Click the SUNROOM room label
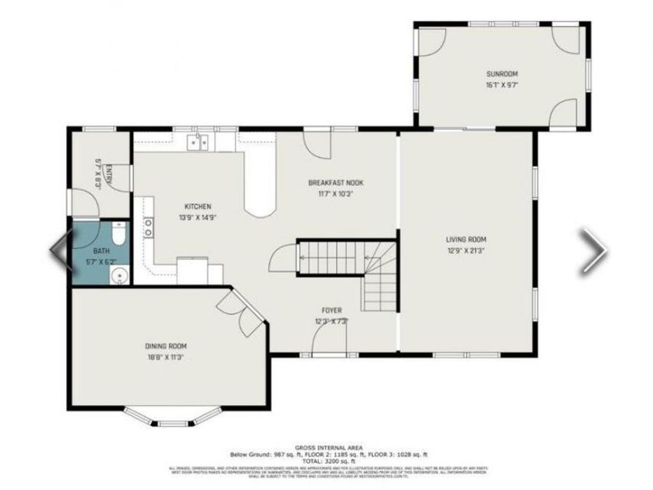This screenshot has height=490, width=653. tap(502, 74)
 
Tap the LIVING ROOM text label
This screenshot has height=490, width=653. tap(466, 240)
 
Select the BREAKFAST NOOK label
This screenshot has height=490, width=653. tap(335, 183)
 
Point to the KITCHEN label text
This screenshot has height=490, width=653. tap(197, 207)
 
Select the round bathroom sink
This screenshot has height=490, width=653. tap(119, 275)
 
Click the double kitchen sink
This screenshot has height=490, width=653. tap(198, 142)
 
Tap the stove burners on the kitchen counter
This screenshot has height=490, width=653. tap(149, 227)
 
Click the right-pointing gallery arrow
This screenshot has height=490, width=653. tap(594, 250)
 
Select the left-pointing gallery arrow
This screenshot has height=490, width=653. tap(59, 250)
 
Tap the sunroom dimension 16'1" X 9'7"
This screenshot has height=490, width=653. tap(502, 85)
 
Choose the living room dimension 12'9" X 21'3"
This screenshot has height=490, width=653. tap(466, 250)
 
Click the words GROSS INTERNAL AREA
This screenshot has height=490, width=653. tap(329, 448)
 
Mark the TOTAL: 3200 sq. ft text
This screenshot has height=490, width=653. tap(329, 461)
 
